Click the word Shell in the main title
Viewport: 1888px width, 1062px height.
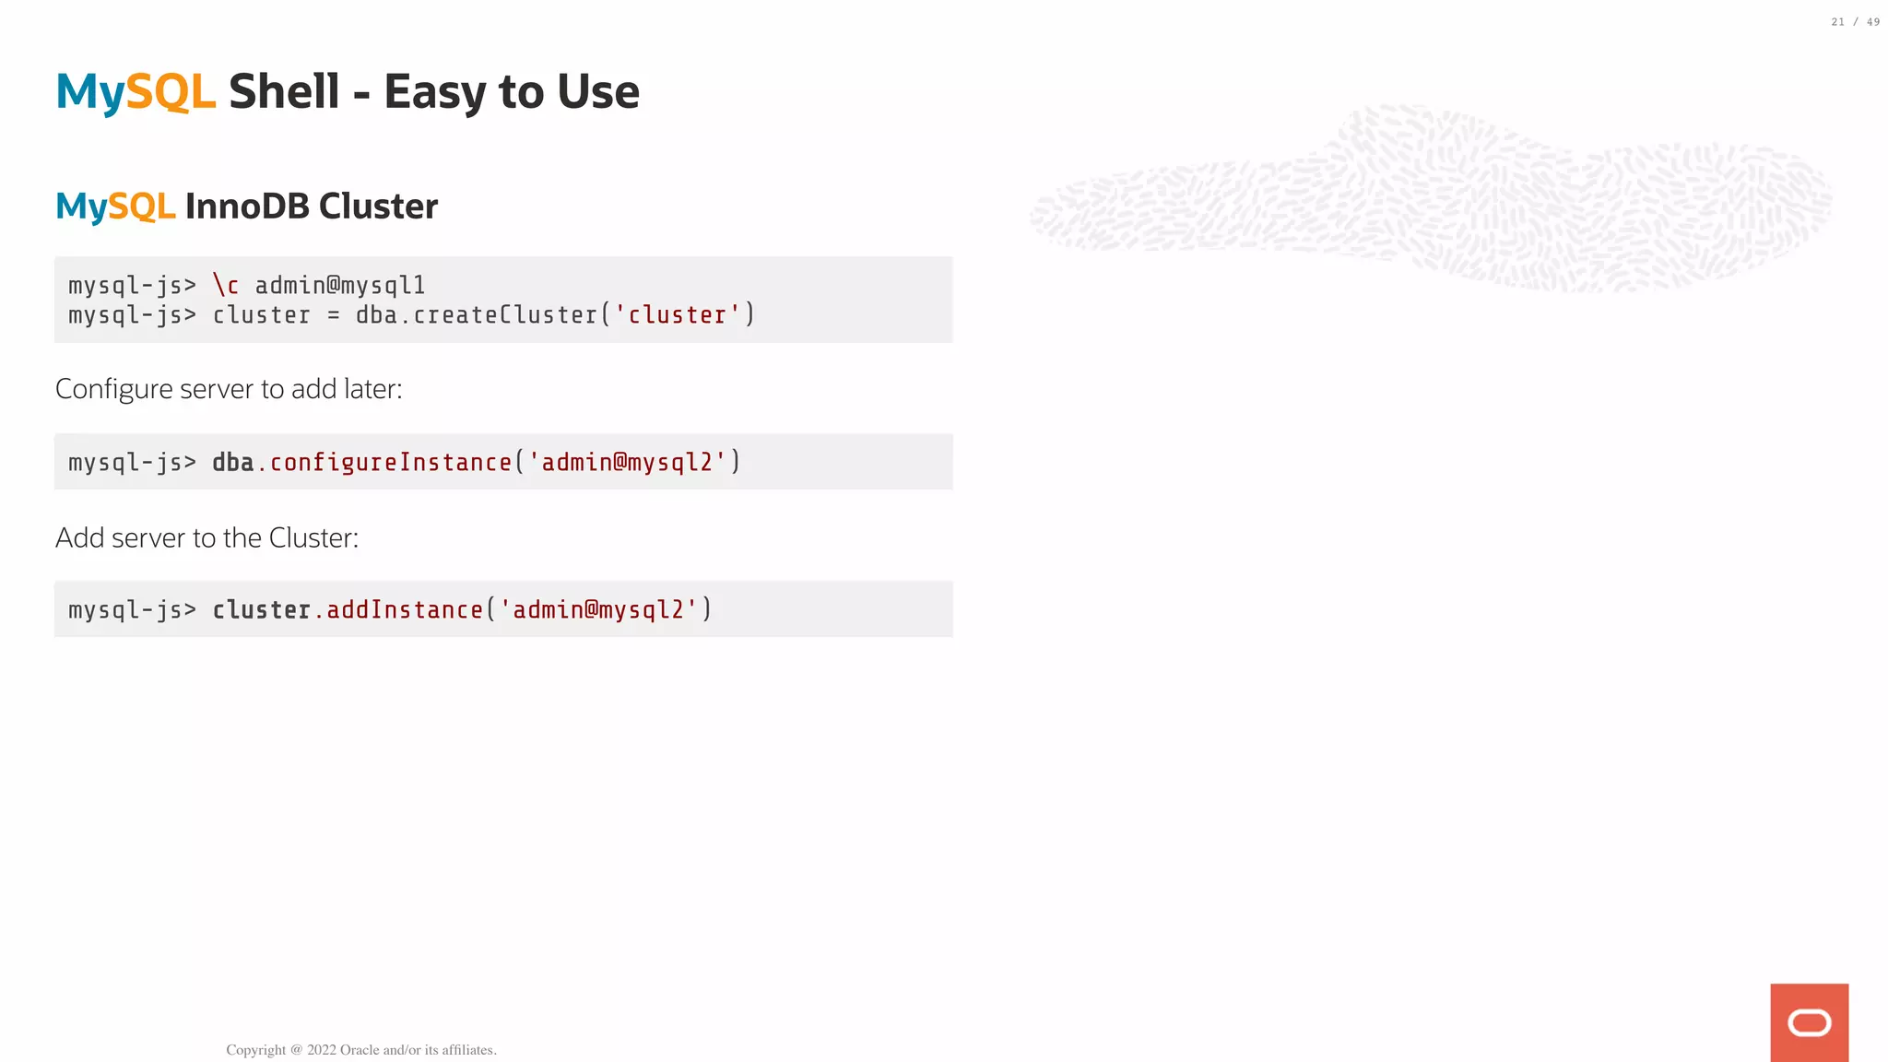284,92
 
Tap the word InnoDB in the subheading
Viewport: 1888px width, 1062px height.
247,206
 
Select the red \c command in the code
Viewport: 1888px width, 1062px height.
226,286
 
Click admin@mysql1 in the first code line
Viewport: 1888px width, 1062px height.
340,286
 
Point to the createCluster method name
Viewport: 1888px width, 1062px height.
505,315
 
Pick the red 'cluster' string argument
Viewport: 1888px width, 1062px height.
678,315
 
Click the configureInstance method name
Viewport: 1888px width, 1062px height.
391,463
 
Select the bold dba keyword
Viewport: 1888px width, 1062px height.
232,463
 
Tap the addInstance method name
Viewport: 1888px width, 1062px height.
405,610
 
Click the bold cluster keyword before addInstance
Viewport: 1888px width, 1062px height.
261,610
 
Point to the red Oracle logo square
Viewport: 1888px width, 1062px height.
1809,1022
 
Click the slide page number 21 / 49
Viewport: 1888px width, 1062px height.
1855,22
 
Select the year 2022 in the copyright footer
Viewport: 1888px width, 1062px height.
322,1050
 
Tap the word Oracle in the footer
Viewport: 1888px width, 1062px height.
360,1050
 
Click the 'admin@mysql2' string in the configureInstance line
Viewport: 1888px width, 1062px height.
628,463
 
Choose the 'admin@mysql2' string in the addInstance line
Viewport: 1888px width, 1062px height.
599,610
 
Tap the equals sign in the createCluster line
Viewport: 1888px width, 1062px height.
334,316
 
